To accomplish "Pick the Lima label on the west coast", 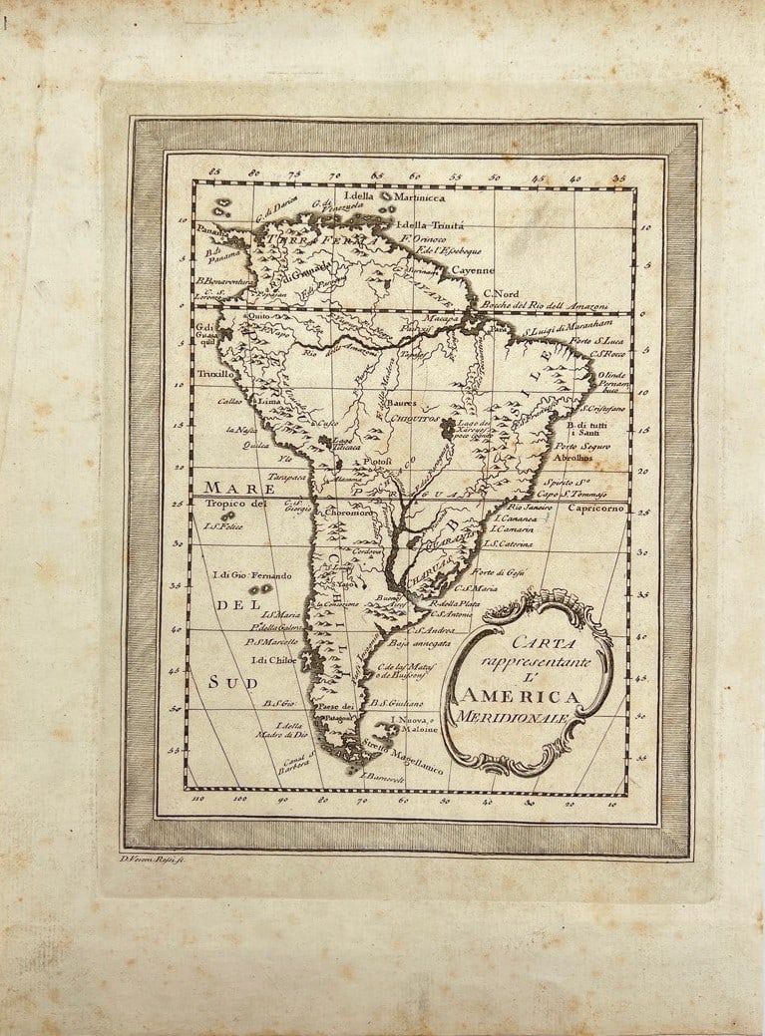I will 270,400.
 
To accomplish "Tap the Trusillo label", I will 214,374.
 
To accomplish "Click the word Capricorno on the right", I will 596,508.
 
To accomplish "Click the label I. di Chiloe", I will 276,660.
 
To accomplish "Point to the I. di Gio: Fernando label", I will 252,576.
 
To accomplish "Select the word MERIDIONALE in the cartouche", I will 512,718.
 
